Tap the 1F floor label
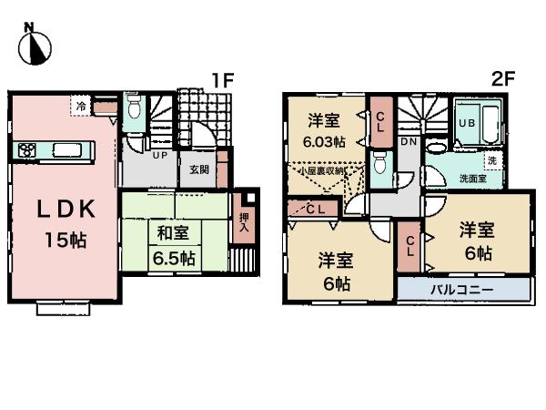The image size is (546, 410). coord(223,81)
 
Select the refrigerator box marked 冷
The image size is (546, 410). coord(81,108)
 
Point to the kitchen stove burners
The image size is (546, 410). coord(25,150)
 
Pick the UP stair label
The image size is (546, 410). coord(157,156)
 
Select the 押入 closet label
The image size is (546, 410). coord(242,222)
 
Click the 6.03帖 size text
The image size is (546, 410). coord(323,142)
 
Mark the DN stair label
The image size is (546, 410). coord(409,143)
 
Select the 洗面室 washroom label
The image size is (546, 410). coord(470,179)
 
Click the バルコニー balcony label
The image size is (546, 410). coord(461,289)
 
